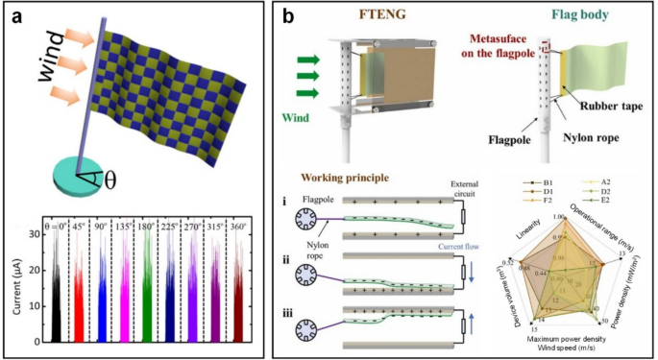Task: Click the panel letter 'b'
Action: coord(285,16)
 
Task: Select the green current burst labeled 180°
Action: coord(147,293)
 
